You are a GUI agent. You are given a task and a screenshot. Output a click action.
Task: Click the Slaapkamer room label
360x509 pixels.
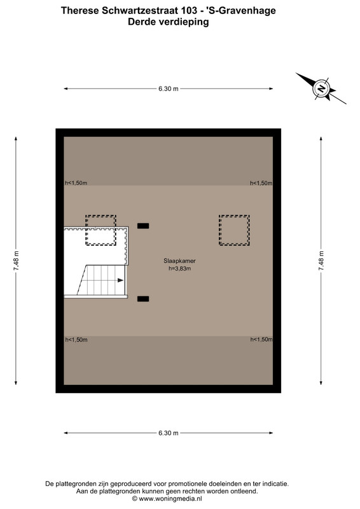pos(179,261)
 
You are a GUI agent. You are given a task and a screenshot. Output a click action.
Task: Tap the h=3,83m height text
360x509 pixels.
pos(179,268)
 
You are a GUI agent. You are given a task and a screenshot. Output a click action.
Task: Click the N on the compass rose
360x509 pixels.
pos(321,88)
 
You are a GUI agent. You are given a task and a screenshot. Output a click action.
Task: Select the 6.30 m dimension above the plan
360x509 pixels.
pos(168,88)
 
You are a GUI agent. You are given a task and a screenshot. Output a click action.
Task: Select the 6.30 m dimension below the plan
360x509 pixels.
pos(168,433)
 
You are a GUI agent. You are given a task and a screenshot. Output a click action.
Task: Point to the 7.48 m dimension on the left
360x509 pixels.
pos(16,261)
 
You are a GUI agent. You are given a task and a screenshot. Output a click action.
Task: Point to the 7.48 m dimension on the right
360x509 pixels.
pos(321,261)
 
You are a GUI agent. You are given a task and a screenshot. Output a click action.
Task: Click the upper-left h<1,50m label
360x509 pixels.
pos(76,183)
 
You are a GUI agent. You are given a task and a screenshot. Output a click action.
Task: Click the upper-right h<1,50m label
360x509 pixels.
pos(261,183)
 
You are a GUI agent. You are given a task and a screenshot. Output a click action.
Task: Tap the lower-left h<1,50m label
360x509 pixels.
pos(76,340)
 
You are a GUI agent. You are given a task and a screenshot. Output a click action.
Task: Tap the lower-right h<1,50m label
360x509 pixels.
pos(261,340)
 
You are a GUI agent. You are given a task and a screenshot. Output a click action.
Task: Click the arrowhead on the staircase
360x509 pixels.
pos(120,280)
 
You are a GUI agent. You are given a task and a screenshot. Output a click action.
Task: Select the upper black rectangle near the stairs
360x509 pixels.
pos(143,226)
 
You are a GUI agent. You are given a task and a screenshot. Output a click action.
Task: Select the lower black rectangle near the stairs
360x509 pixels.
pos(143,299)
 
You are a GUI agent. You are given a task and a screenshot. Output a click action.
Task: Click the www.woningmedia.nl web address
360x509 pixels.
pos(170,499)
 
